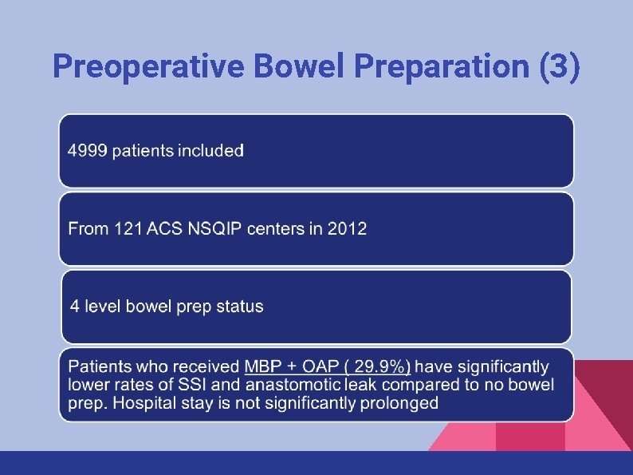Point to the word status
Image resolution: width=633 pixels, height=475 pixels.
238,306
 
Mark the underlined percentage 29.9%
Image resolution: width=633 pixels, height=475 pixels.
381,367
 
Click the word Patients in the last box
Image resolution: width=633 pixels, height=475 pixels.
99,367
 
